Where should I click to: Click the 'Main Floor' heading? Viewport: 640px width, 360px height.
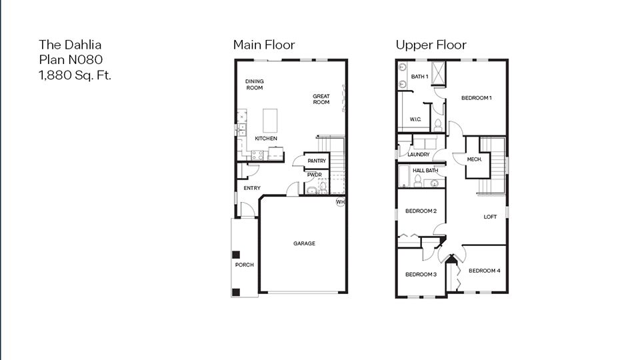point(263,45)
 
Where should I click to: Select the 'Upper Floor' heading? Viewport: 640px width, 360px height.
point(431,45)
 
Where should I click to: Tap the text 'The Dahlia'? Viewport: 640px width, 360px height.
point(70,45)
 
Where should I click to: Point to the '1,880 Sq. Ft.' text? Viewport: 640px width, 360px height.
point(75,74)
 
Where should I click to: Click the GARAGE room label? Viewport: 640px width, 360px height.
point(304,243)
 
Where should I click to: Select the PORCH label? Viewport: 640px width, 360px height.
point(245,265)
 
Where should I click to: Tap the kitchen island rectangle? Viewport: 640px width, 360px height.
point(270,121)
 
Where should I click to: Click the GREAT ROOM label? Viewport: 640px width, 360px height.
point(321,99)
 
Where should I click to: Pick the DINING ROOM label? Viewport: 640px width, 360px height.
point(255,85)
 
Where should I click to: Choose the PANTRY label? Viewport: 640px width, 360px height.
point(317,161)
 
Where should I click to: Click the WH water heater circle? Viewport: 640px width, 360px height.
point(340,201)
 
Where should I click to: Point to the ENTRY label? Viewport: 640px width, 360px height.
point(252,188)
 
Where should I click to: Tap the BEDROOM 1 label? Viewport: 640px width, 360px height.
point(477,98)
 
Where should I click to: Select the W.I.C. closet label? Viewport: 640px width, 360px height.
point(415,119)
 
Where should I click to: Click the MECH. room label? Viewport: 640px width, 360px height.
point(475,159)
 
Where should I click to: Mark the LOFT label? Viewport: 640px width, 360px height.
point(490,217)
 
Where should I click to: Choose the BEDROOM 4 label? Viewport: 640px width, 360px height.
point(483,271)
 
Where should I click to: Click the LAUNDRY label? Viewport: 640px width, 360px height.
point(419,154)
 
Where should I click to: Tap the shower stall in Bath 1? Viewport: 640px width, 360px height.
point(439,73)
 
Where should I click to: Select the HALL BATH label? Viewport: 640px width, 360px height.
point(425,171)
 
